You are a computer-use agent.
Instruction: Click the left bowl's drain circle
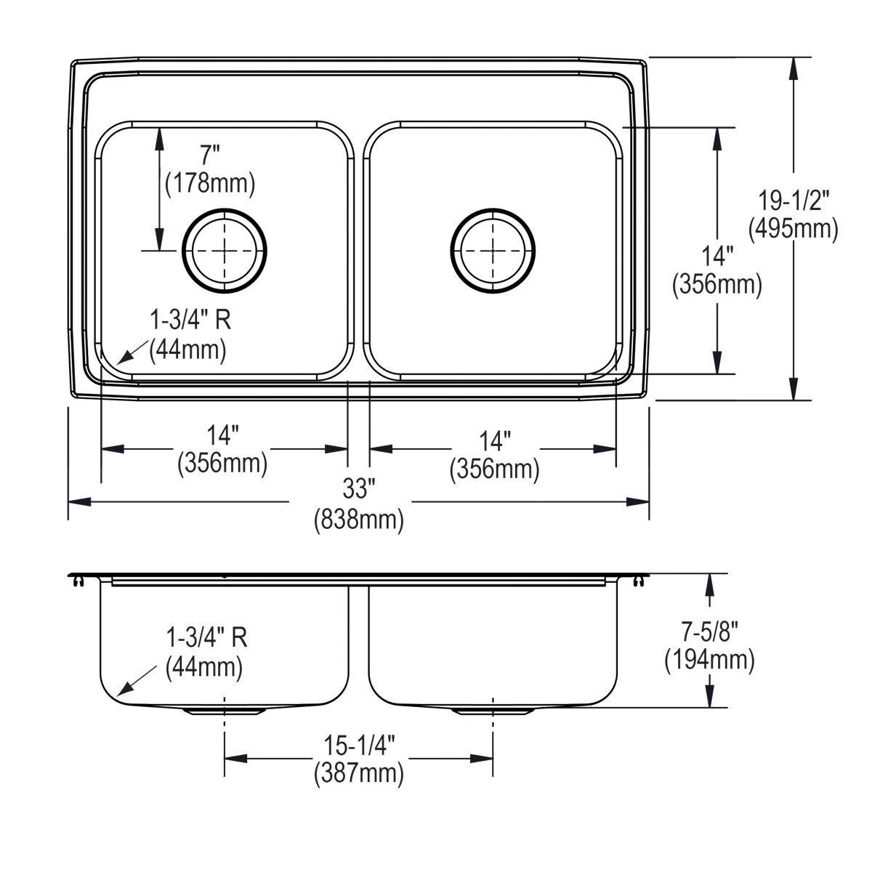tap(225, 249)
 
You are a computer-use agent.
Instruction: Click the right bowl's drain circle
tap(493, 249)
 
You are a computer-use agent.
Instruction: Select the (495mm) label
tap(794, 229)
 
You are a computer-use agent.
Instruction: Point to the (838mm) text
tap(358, 520)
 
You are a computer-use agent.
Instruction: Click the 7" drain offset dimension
tap(209, 153)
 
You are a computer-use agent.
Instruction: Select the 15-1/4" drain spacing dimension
tap(358, 744)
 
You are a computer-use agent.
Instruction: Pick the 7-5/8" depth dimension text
tap(708, 630)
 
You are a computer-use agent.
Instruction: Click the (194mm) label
tap(708, 660)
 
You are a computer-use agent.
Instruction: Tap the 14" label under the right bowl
tap(494, 440)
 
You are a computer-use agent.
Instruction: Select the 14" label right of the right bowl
tap(717, 255)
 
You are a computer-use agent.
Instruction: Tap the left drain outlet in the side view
tap(225, 711)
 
